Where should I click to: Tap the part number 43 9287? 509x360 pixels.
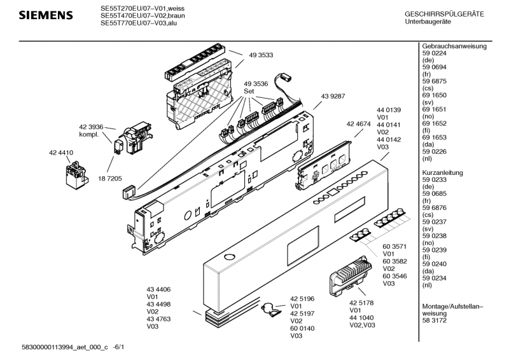point(331,96)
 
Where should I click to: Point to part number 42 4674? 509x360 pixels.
point(358,123)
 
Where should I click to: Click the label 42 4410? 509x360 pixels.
point(61,153)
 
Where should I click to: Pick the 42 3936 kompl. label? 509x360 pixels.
point(92,130)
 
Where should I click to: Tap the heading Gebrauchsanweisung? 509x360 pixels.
point(454,46)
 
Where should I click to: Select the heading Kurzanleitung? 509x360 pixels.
point(443,173)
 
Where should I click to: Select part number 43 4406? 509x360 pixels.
point(158,289)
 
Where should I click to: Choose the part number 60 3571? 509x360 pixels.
point(394,246)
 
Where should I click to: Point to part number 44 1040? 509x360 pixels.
point(361,317)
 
